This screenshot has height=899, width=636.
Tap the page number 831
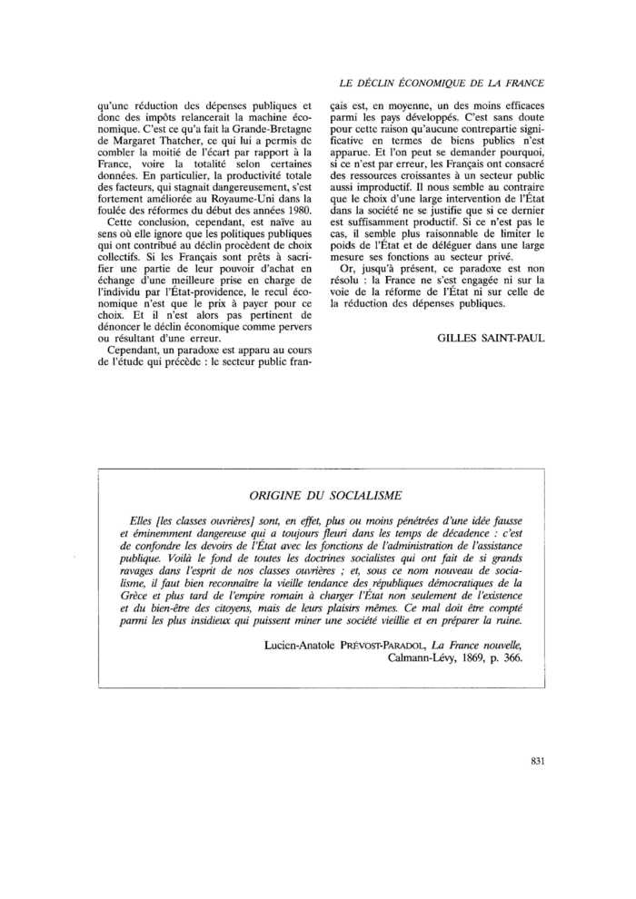[534, 762]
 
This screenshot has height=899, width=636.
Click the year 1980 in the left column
[293, 209]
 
